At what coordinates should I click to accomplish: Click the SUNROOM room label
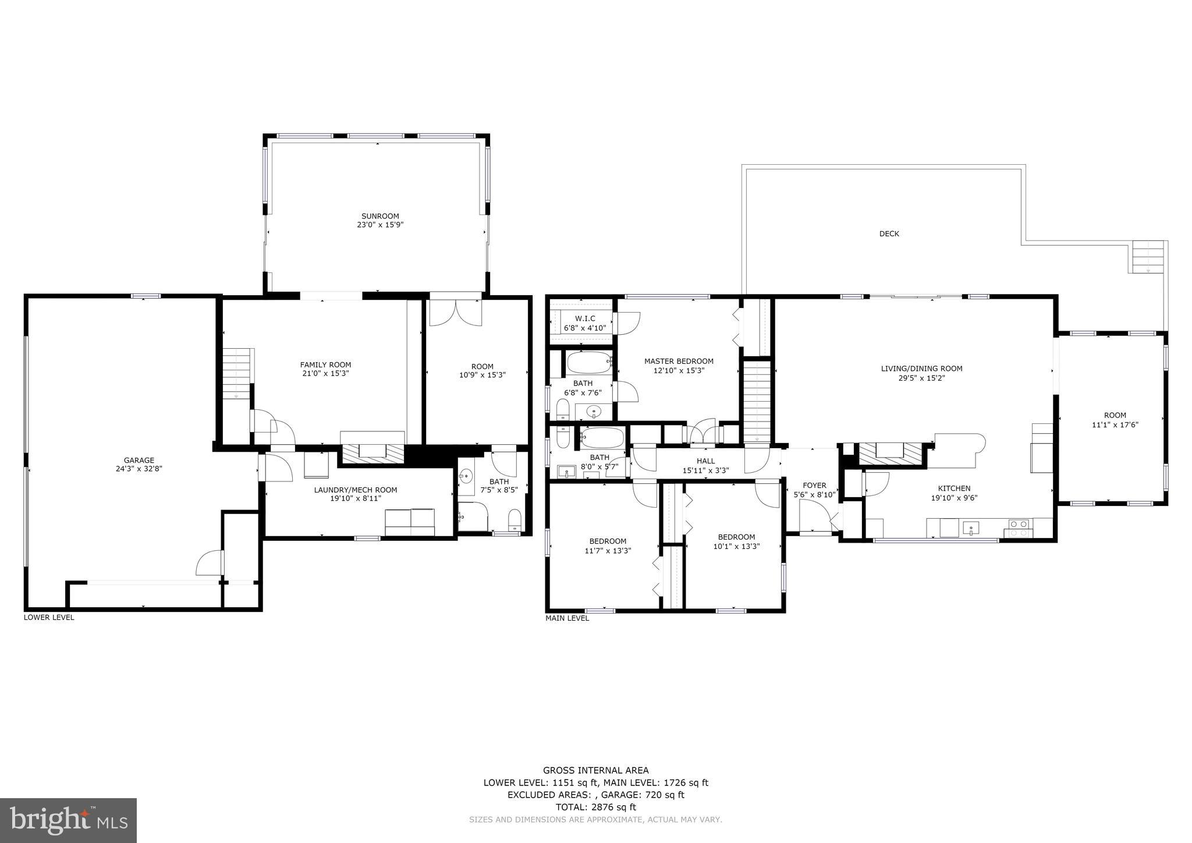(x=380, y=216)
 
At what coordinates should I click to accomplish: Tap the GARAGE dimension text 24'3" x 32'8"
(x=139, y=468)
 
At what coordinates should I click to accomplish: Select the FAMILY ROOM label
(x=325, y=364)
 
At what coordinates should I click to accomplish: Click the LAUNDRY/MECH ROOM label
(x=355, y=490)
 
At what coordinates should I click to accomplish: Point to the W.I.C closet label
(x=585, y=318)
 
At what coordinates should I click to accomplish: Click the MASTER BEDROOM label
(x=679, y=361)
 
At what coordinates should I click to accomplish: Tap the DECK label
(x=889, y=233)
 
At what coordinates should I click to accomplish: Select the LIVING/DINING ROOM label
(x=921, y=368)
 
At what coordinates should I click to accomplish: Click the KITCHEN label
(x=954, y=488)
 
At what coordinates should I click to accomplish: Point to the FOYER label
(x=814, y=485)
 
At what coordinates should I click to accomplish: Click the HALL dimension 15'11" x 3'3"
(x=705, y=470)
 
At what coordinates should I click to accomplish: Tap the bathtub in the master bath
(x=589, y=363)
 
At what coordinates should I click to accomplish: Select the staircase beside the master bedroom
(x=757, y=401)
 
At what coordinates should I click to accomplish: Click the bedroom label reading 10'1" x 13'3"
(x=736, y=546)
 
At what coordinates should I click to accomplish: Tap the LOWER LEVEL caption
(x=49, y=617)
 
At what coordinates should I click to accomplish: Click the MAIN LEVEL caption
(x=567, y=618)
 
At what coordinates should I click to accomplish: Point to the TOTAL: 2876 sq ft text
(x=595, y=807)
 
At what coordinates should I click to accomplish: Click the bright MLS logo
(x=68, y=820)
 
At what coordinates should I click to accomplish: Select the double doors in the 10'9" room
(x=455, y=313)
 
